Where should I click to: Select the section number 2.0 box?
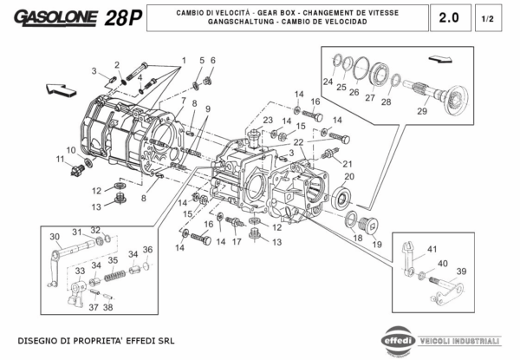tap(449, 16)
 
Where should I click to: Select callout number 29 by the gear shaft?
tap(422, 110)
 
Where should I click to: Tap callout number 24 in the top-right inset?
tap(328, 83)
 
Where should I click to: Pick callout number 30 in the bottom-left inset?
tap(54, 236)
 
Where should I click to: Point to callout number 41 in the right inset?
tap(431, 248)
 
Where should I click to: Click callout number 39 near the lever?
tap(461, 271)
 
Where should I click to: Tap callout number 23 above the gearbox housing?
tap(268, 121)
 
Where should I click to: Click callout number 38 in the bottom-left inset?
tap(107, 306)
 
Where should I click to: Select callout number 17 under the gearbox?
tap(235, 243)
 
